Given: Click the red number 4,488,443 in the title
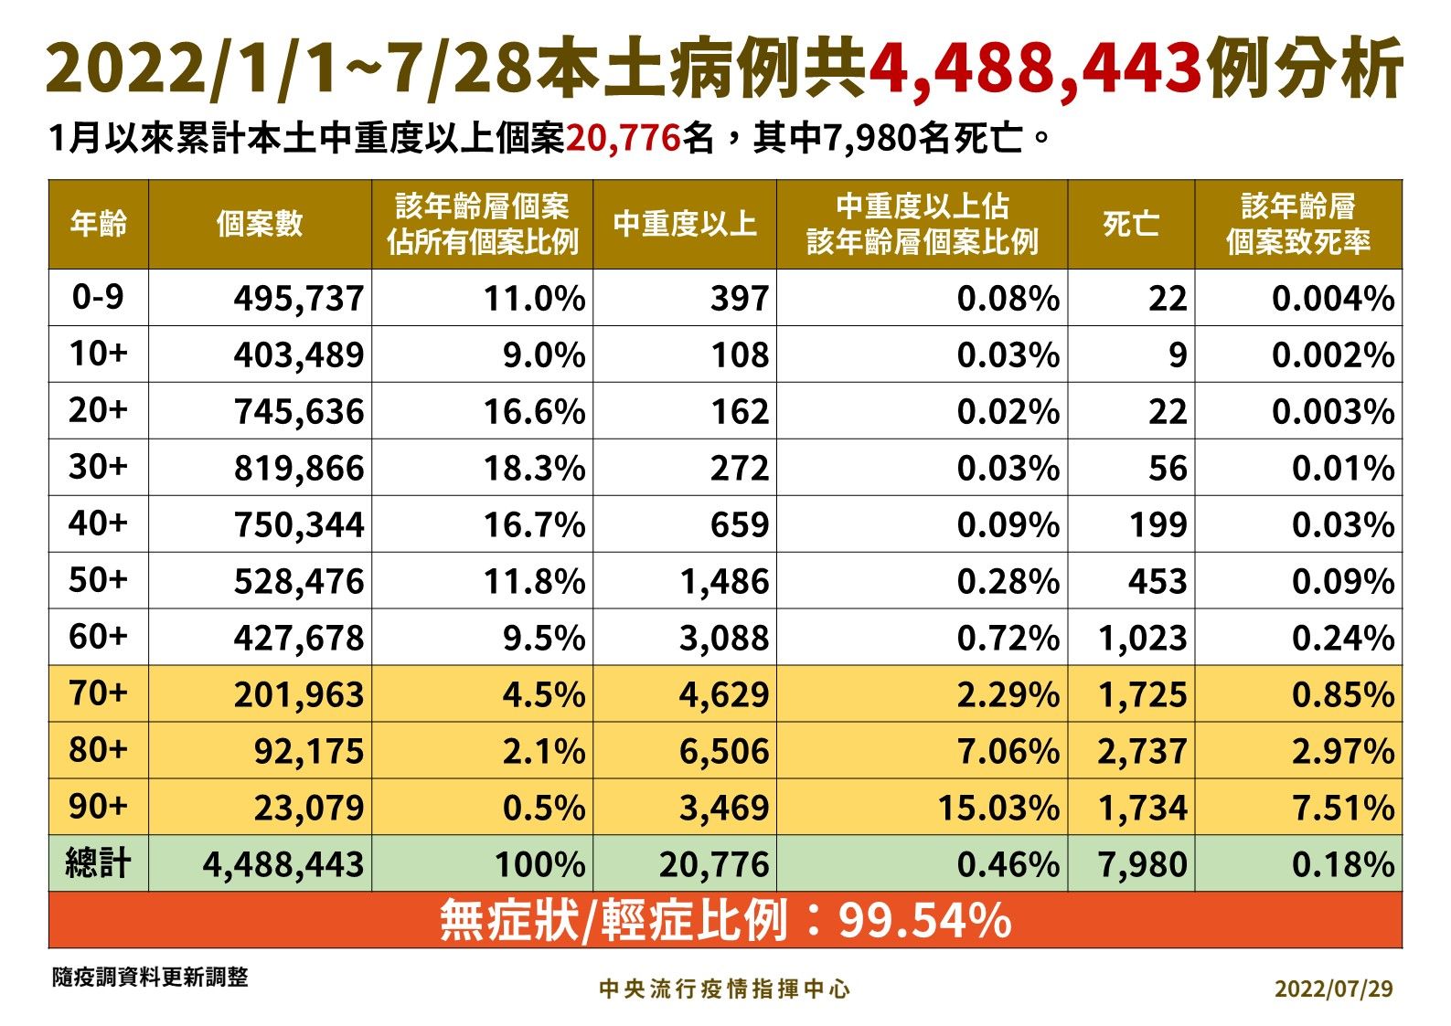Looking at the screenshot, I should (x=1034, y=69).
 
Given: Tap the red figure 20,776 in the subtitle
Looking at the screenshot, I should (x=623, y=139).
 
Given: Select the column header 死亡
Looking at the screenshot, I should (x=1130, y=224).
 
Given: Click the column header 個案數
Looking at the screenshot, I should (x=260, y=224).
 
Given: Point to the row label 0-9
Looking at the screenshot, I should (x=98, y=297).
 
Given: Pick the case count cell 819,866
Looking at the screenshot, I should (x=299, y=469).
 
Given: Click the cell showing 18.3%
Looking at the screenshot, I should (x=534, y=469).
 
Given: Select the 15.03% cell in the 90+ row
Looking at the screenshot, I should (x=998, y=808).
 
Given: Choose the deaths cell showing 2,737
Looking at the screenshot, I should (x=1142, y=751).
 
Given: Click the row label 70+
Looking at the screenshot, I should (x=98, y=693).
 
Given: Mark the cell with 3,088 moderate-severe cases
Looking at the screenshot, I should (x=723, y=638).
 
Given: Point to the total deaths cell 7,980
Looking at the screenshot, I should (x=1142, y=864).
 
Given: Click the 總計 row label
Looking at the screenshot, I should (x=98, y=863).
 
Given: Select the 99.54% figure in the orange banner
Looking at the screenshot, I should (x=924, y=921).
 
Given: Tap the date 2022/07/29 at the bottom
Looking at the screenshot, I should (x=1334, y=989).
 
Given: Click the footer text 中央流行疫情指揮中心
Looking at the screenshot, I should (x=724, y=989).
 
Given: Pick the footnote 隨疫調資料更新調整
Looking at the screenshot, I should (x=150, y=978).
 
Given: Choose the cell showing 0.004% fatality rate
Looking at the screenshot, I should (x=1333, y=299).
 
